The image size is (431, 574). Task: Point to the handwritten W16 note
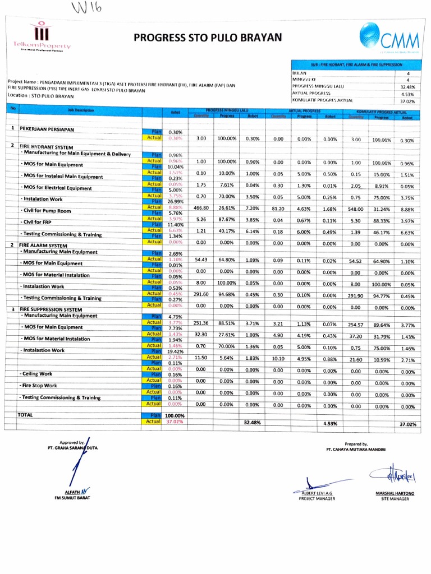coord(86,8)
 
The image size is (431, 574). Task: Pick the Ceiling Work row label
coord(37,373)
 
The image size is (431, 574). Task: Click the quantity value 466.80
coord(200,207)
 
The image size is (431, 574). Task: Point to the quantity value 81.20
coord(278,208)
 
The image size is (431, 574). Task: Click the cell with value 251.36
coord(200,323)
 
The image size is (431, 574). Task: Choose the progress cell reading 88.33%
coord(382,221)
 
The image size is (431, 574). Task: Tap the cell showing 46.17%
coord(382,232)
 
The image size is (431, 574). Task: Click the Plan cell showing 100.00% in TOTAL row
coord(176,415)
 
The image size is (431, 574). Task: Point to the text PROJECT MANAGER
coord(317,498)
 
